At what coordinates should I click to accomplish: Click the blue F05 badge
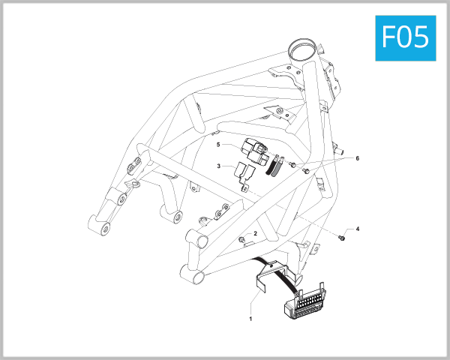(x=405, y=37)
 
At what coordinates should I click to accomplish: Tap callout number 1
(x=250, y=319)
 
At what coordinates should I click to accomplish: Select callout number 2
(x=256, y=234)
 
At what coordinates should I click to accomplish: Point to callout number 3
(x=218, y=166)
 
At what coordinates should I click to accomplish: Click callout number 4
(x=358, y=228)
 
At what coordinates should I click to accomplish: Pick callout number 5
(x=218, y=144)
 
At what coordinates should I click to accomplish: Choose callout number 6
(x=358, y=159)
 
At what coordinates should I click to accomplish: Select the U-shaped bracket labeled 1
(x=270, y=276)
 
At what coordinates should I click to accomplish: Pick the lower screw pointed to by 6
(x=307, y=172)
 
